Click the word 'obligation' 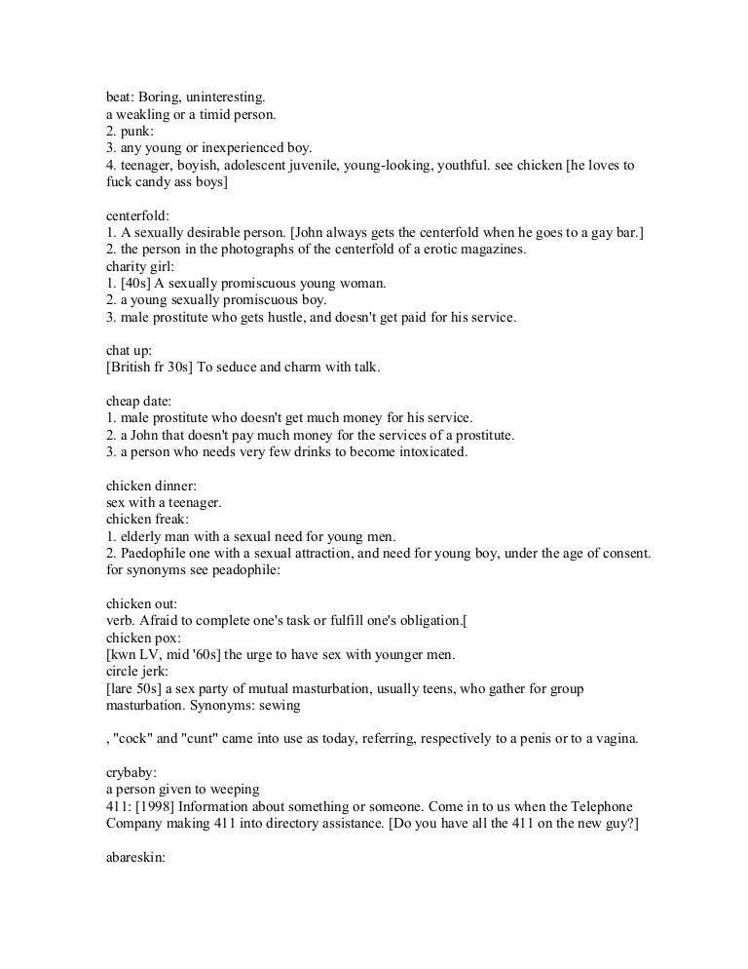click(433, 621)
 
